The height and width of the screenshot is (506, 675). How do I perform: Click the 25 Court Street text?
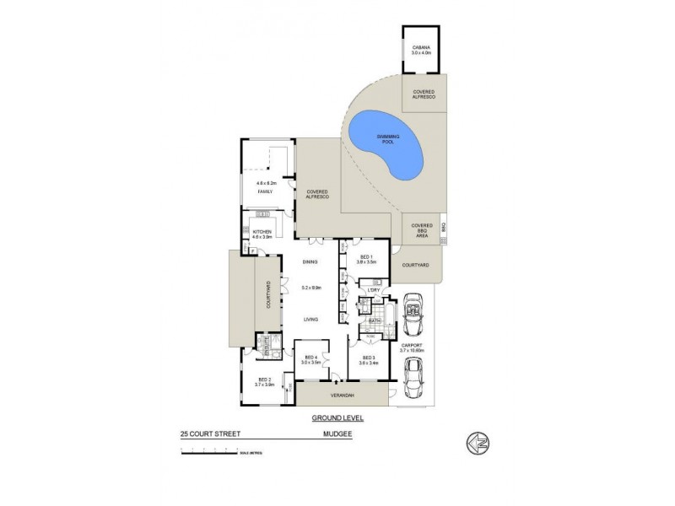(x=209, y=433)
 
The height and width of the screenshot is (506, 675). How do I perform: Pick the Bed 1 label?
(x=366, y=257)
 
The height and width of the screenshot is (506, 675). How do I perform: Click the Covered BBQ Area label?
(x=421, y=230)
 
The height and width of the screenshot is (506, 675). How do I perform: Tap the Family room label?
(x=266, y=191)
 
